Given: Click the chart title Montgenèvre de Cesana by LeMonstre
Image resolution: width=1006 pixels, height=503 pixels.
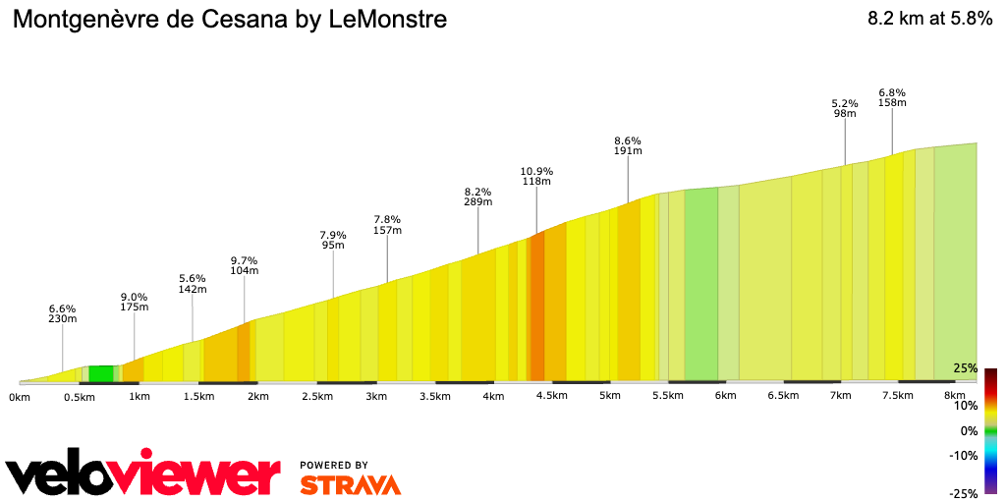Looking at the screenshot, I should coord(230,19).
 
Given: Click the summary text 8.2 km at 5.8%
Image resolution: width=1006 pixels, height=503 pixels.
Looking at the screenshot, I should coord(929,19).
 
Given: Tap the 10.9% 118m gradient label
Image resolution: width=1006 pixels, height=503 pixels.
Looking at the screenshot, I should coord(536,176).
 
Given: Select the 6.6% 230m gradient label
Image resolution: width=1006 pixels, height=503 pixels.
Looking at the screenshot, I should coord(63,313).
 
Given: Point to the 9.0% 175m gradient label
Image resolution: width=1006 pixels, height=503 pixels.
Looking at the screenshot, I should coord(135,302).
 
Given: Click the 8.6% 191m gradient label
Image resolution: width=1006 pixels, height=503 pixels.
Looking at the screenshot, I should coord(628,145).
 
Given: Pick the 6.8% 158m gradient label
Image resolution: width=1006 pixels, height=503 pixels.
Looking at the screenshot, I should coord(892,97).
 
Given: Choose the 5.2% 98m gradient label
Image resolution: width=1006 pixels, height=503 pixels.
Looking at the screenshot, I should coord(845,108).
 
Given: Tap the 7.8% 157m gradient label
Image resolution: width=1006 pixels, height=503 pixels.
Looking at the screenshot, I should coord(388,225).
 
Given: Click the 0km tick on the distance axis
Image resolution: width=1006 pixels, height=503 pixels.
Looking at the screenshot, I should coord(19,397).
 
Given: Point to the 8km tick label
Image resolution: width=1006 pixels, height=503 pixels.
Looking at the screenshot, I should coord(953,397).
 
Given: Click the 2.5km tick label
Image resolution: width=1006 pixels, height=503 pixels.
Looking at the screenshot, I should coord(317,397).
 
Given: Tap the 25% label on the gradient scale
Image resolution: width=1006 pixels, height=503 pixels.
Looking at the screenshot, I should coord(965,368).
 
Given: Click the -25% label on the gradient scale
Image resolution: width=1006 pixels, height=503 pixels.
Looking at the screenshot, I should coord(963,494).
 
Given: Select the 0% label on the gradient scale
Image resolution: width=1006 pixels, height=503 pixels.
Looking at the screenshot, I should coord(969,430).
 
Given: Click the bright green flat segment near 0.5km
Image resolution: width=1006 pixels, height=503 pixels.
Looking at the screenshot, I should coord(101,373).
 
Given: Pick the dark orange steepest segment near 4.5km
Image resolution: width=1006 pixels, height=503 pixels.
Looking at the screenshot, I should coord(536,307).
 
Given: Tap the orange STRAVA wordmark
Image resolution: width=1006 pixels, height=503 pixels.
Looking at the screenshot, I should coord(351,484).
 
